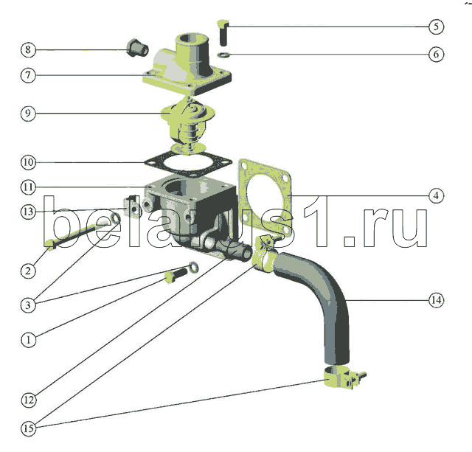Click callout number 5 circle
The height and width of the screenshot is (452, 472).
tap(436, 27)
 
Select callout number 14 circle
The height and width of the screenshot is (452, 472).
tap(436, 300)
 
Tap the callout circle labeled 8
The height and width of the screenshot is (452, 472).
tap(28, 49)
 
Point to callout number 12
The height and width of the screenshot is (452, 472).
tap(29, 400)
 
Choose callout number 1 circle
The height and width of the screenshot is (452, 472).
tap(29, 340)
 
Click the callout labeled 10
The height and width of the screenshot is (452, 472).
tap(28, 162)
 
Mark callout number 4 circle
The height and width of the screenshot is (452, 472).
tap(436, 195)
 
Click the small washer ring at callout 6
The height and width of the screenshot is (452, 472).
tap(223, 55)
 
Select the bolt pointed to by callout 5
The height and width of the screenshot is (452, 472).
tap(223, 32)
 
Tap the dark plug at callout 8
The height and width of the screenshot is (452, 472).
tap(137, 47)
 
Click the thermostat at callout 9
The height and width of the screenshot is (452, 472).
tap(187, 125)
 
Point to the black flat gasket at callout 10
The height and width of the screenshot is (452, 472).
tap(189, 164)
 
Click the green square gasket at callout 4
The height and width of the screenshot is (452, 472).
tap(265, 197)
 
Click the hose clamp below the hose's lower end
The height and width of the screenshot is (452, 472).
tap(344, 378)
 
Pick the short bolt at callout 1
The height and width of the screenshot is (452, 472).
tap(176, 275)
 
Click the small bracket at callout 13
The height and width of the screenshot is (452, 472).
tap(132, 206)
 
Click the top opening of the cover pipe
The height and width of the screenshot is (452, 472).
tap(192, 39)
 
